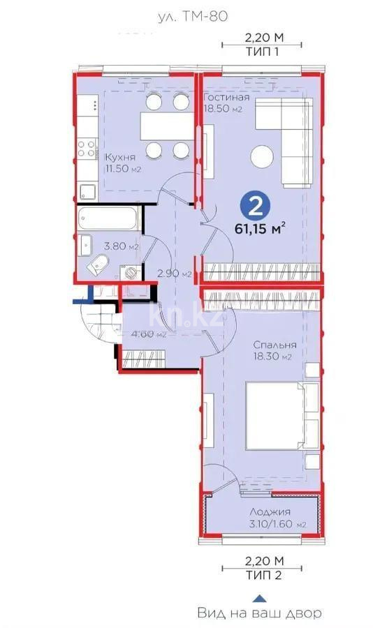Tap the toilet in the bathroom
point(99,265)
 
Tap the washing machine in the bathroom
point(130,272)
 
